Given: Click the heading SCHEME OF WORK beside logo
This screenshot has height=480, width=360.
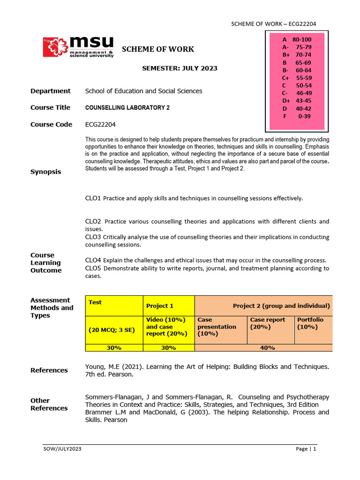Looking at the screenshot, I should tap(158, 49).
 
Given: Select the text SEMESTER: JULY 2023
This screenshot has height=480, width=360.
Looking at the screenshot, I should tap(180, 68).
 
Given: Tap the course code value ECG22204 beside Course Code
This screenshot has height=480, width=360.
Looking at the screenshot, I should tap(100, 124).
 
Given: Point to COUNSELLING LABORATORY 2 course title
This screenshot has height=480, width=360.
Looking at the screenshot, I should tap(127, 107).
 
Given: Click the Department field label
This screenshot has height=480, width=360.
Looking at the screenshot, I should tap(51, 91).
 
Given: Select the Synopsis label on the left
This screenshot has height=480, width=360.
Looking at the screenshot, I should tap(46, 172).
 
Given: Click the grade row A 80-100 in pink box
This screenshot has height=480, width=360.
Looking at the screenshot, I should tap(297, 40).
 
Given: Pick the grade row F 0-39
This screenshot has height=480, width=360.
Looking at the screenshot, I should tap(297, 116).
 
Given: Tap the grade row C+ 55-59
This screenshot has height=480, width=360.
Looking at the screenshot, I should tap(297, 78).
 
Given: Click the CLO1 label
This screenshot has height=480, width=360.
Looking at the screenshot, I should tap(93, 198).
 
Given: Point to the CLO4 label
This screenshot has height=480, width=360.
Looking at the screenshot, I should tap(93, 260).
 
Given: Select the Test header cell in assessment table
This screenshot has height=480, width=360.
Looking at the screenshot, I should tap(95, 302).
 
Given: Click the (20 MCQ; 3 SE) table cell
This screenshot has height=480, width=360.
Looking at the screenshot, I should tap(112, 330).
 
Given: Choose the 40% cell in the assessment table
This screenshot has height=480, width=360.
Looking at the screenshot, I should tap(263, 348).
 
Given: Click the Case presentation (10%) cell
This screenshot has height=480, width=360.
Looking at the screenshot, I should tap(217, 327).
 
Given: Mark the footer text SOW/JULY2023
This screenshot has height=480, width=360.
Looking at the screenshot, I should tap(62, 449).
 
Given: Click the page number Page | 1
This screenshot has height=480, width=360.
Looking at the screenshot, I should tap(306, 449).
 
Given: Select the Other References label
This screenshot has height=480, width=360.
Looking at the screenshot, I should tap(49, 404).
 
